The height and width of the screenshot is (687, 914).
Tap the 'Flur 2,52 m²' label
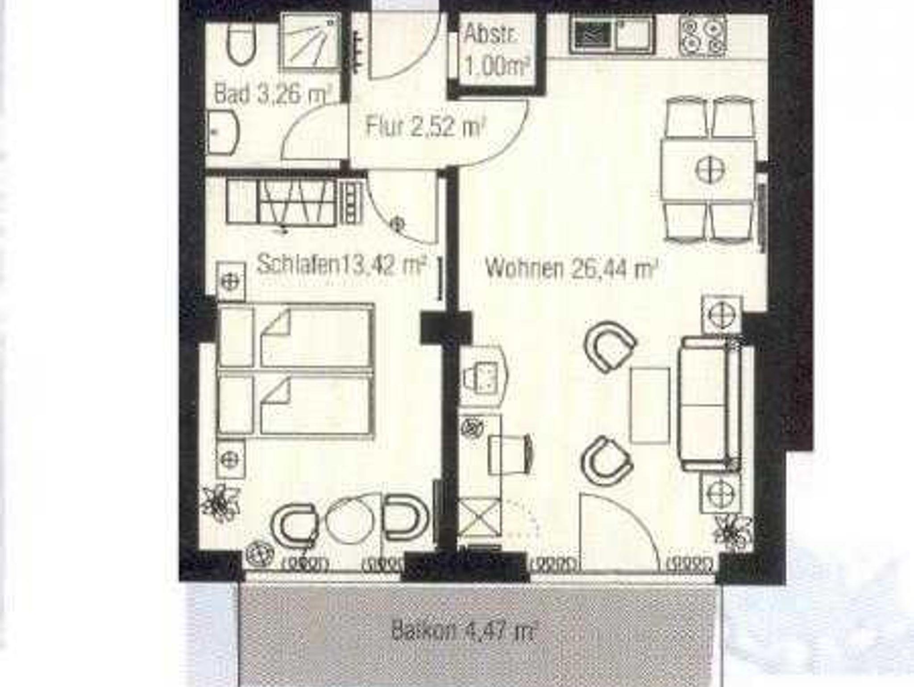(x=425, y=126)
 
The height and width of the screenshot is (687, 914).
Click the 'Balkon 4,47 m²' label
(x=463, y=631)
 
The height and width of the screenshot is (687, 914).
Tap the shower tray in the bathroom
(x=310, y=42)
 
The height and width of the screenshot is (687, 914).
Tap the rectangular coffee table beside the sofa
(x=650, y=406)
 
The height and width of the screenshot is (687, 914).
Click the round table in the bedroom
(x=352, y=522)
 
